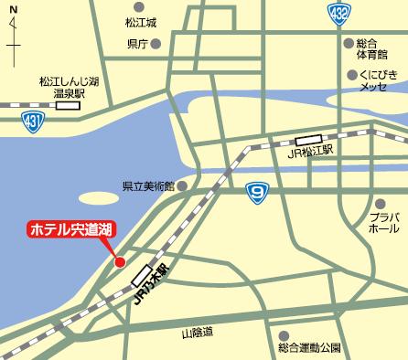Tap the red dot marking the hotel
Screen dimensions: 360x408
coord(119,262)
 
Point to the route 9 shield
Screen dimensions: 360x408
coord(258,191)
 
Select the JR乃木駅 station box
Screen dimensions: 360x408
coord(141,274)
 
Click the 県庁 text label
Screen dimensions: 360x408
coord(138,43)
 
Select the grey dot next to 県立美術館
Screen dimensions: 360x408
coord(182,185)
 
